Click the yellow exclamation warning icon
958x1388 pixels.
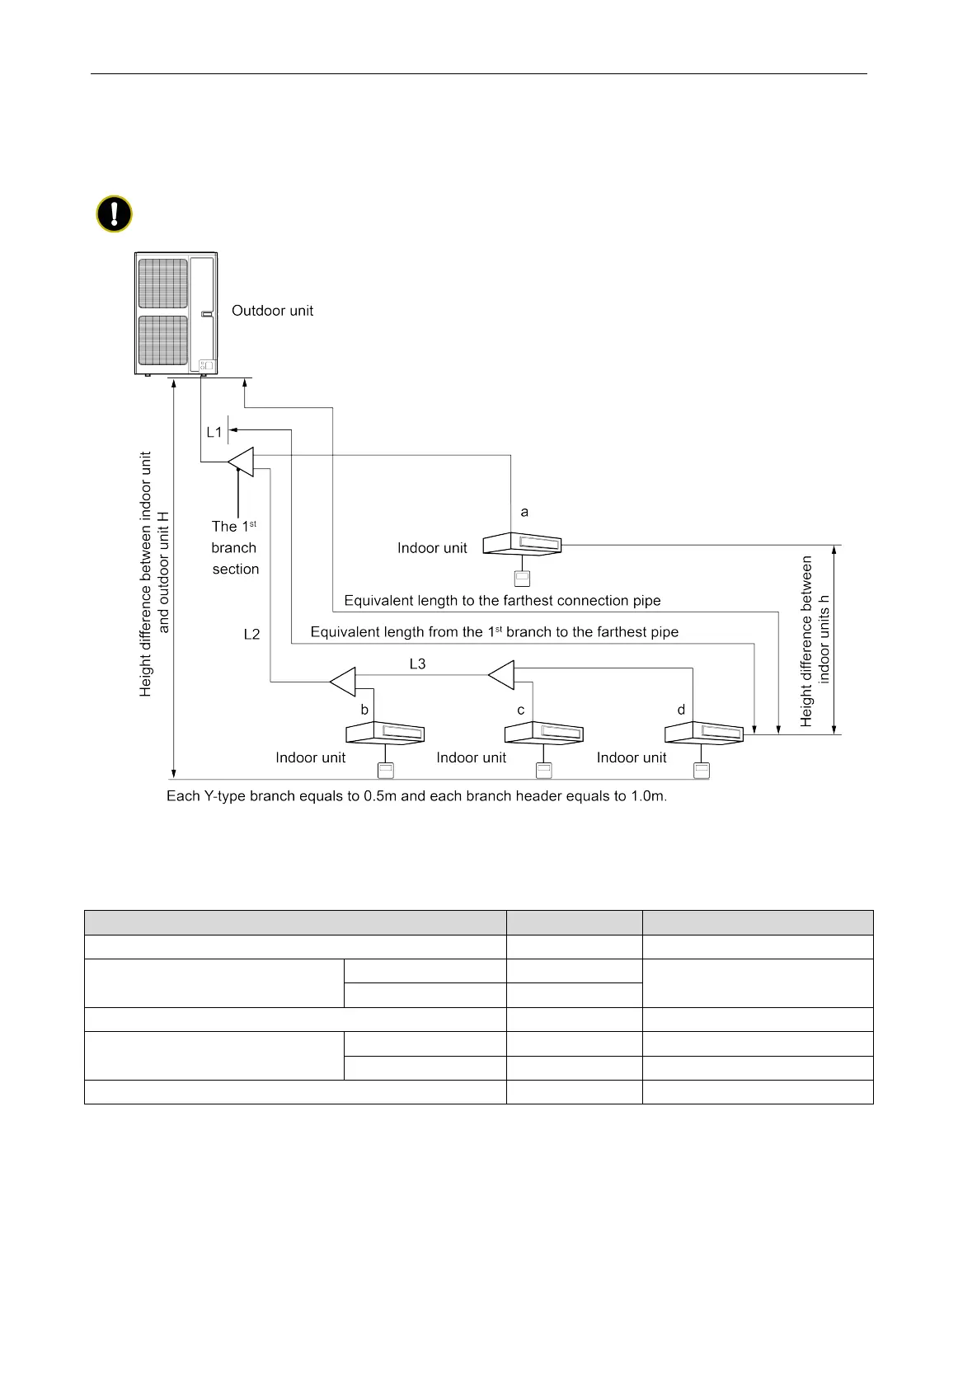point(114,213)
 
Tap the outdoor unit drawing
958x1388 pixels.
point(176,314)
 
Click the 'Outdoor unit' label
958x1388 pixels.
point(272,311)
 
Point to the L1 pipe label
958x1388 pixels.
point(214,432)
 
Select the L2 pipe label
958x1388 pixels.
point(251,634)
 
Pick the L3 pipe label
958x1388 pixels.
point(417,664)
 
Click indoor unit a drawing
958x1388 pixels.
point(522,543)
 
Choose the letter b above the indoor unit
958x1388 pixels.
point(364,710)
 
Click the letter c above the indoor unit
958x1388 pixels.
point(520,710)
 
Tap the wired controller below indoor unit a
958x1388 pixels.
point(522,578)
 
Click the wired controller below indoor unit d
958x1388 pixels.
point(701,771)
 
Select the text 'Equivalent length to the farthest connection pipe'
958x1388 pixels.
point(502,601)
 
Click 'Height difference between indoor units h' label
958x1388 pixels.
point(816,640)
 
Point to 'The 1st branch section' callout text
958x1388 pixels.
point(235,547)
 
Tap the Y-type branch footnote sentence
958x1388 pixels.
point(416,797)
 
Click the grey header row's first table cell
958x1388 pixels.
point(295,922)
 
